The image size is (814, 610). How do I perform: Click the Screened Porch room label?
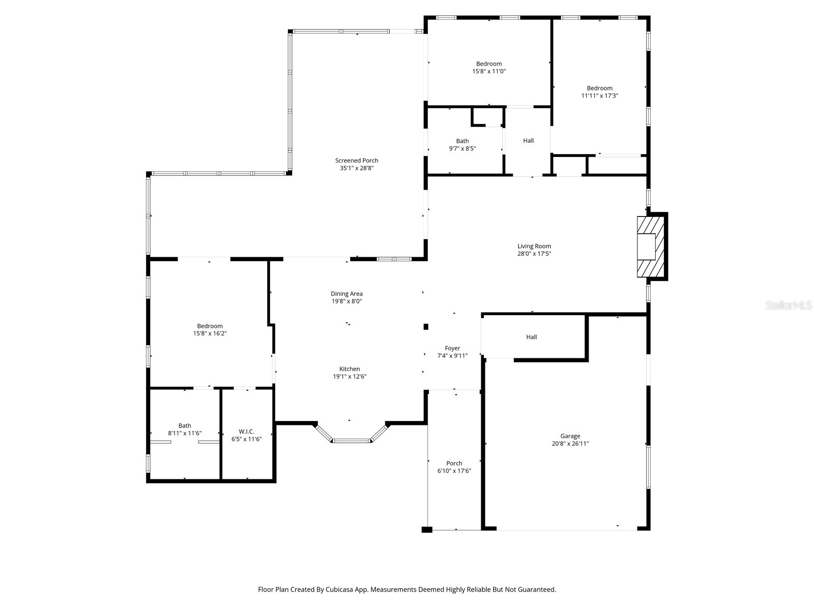[x=357, y=161]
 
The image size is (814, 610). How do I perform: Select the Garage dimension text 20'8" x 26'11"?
[x=570, y=444]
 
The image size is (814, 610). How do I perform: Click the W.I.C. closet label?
[x=246, y=432]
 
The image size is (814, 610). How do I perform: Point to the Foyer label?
[x=452, y=348]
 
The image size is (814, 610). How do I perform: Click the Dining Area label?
[x=346, y=294]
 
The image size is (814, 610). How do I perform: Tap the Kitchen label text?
[x=350, y=369]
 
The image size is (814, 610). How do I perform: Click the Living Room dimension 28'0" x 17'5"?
[x=534, y=254]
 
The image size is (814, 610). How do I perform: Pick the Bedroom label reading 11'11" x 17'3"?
[x=599, y=92]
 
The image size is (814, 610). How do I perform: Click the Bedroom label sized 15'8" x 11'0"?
[x=489, y=68]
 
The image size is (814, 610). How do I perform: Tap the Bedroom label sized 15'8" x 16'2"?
[x=210, y=330]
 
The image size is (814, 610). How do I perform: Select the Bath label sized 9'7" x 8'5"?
[x=462, y=145]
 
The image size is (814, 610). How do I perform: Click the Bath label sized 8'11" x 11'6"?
[x=185, y=430]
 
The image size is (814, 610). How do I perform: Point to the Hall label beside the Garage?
[x=531, y=337]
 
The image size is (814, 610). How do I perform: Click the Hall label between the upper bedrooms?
[x=528, y=141]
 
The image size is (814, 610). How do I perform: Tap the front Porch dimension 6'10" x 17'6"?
[x=454, y=471]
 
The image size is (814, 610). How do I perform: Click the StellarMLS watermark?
[x=789, y=305]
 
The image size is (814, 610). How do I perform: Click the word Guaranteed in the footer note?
[x=537, y=590]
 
